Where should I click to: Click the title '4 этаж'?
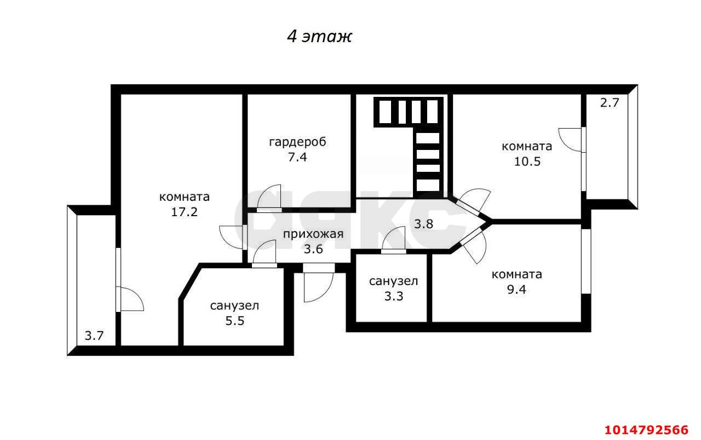[x=319, y=37]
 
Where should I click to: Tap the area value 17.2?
[x=184, y=212]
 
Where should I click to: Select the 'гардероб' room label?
[x=297, y=142]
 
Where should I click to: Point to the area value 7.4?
[x=297, y=158]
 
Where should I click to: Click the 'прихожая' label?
[x=313, y=234]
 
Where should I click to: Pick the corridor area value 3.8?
[x=423, y=223]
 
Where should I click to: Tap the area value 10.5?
[x=526, y=161]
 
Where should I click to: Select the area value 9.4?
[x=516, y=290]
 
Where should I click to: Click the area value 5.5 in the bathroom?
[x=234, y=321]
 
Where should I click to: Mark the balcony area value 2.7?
[x=609, y=102]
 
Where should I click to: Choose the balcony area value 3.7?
[x=94, y=335]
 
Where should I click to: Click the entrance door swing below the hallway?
[x=318, y=286]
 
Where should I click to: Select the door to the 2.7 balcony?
[x=571, y=140]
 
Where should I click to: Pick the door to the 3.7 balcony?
[x=130, y=299]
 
